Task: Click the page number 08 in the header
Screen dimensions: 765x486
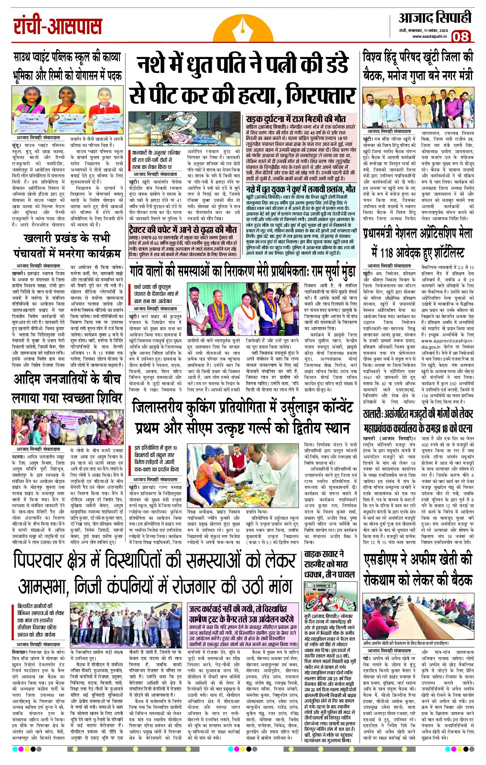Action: [x=461, y=37]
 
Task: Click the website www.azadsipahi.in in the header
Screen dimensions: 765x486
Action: [x=429, y=36]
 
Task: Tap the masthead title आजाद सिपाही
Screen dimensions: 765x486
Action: [x=435, y=18]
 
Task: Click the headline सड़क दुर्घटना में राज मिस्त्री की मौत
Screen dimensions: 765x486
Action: [x=296, y=119]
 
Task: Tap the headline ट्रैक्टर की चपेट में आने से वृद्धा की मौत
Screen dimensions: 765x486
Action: [x=183, y=230]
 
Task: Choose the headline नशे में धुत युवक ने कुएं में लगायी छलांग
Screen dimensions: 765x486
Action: [x=301, y=189]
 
